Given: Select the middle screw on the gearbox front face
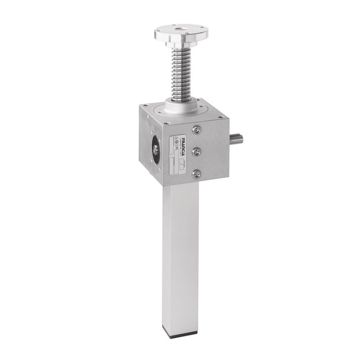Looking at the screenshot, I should tap(197, 152).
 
